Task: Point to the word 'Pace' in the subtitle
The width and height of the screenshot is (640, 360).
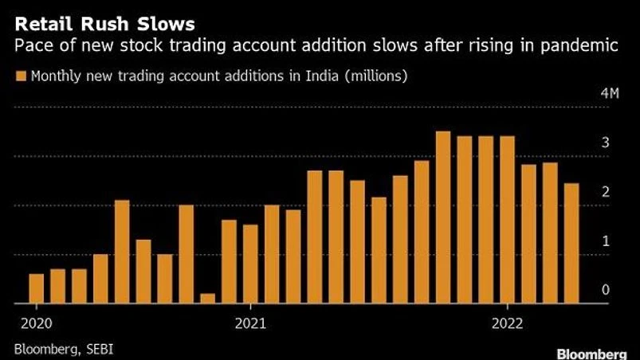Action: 33,46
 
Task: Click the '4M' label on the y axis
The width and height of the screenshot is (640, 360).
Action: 610,94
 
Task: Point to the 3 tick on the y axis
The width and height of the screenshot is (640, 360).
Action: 606,143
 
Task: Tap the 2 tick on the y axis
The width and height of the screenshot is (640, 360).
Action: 606,192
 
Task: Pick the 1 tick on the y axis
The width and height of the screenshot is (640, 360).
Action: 606,241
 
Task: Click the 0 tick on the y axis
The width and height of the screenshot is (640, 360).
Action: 606,291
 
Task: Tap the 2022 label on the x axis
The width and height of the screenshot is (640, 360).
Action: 507,323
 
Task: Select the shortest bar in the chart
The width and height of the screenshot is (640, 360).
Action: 208,299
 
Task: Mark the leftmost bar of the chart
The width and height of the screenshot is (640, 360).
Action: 36,288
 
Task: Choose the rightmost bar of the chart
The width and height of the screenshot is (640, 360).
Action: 572,244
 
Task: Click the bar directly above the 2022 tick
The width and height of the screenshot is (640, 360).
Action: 508,220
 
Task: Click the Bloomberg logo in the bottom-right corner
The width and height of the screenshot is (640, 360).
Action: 597,353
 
